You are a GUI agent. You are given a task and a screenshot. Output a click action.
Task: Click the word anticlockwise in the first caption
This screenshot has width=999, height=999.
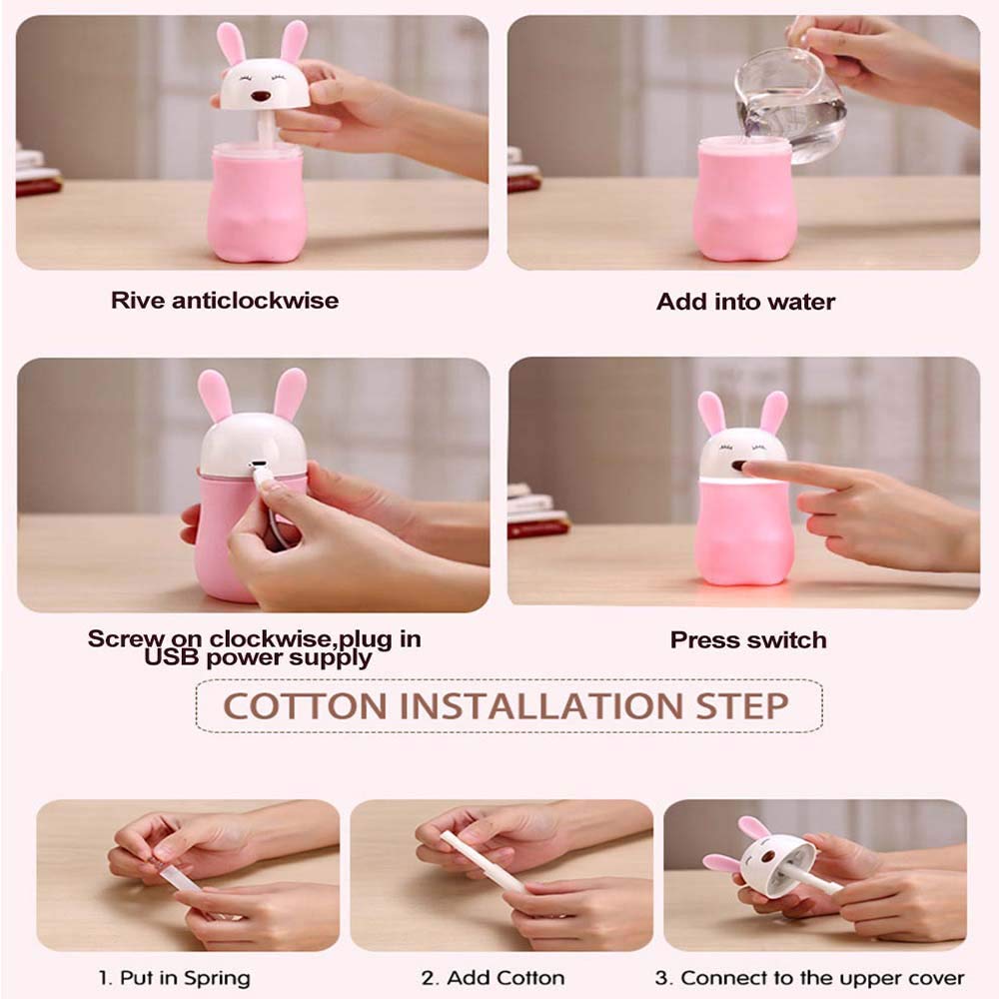tap(255, 301)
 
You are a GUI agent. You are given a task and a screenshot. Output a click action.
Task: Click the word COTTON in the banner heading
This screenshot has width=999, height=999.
tap(305, 706)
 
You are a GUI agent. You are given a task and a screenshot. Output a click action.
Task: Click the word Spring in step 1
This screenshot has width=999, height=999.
tap(217, 979)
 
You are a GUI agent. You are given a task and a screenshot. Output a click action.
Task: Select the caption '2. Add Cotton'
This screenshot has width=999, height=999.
tap(493, 978)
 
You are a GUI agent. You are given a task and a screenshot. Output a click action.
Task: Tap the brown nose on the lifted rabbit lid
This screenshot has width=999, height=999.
tap(260, 96)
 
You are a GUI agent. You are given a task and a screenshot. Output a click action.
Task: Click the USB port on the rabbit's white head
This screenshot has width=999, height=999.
tap(258, 465)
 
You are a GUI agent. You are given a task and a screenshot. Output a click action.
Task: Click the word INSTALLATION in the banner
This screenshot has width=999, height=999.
tap(541, 706)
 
